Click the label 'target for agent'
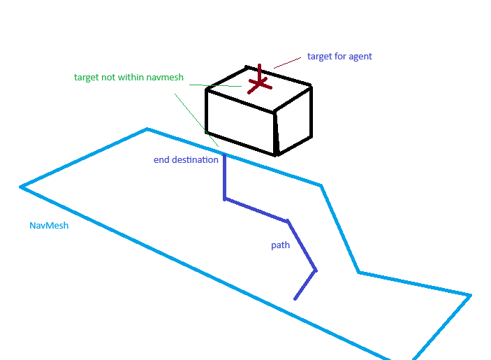tap(339, 57)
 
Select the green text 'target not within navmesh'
tap(129, 78)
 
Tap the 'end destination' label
tap(186, 160)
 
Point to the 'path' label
tap(280, 245)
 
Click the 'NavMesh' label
tap(49, 226)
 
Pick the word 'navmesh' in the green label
tap(165, 78)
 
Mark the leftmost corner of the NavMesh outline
tap(21, 187)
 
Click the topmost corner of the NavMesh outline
tap(147, 129)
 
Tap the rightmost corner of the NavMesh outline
tap(470, 295)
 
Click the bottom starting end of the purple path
tap(295, 298)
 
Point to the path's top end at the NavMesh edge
tap(223, 152)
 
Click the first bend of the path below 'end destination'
tap(224, 199)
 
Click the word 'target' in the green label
tap(87, 78)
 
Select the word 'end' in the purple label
tap(161, 160)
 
